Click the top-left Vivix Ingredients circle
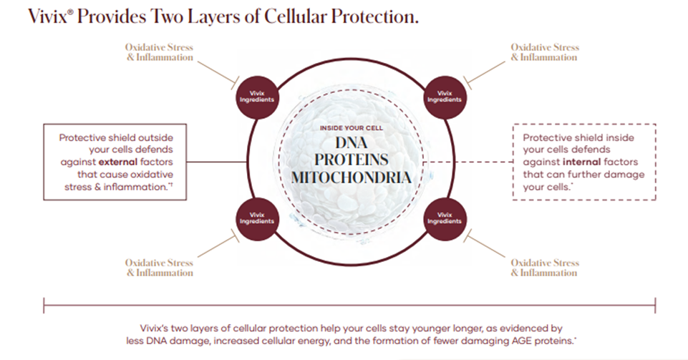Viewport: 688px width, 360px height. tap(256, 96)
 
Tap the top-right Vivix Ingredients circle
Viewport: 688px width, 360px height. tap(445, 96)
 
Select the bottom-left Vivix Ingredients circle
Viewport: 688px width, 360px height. tap(256, 217)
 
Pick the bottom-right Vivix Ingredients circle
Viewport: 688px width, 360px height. tap(445, 217)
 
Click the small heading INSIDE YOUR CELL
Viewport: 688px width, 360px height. tap(351, 127)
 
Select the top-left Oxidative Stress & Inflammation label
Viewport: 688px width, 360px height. tap(160, 52)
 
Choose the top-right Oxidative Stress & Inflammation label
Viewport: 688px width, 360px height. tap(544, 52)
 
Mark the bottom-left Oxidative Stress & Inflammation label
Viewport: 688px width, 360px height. tap(160, 268)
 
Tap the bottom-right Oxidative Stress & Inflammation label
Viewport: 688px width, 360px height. tap(544, 268)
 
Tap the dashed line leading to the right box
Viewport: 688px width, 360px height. tap(473, 162)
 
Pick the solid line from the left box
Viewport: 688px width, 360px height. tap(211, 161)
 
